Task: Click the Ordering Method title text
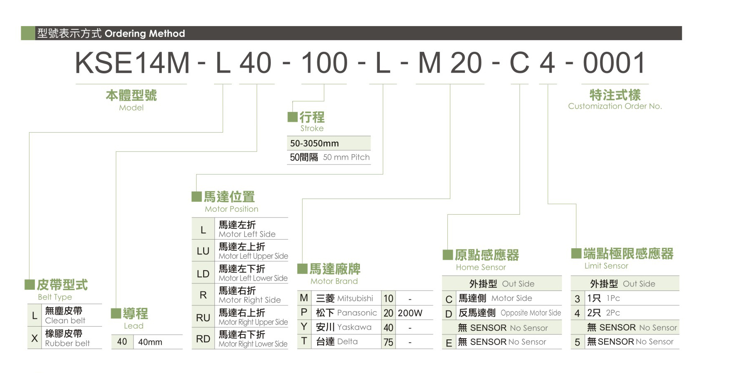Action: point(145,34)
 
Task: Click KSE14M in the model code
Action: point(132,63)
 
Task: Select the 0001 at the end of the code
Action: point(614,63)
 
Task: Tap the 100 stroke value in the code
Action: point(324,63)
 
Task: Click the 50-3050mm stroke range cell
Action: point(314,143)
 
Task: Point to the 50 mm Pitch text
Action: point(346,157)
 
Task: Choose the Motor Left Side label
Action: point(247,234)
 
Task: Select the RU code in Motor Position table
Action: point(203,318)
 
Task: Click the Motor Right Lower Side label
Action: point(253,344)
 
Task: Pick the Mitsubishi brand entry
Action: point(355,298)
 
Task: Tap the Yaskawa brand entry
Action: point(355,327)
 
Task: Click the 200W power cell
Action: point(410,313)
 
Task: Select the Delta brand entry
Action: point(347,342)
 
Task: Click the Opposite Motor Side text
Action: point(531,313)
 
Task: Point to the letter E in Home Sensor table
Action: point(449,343)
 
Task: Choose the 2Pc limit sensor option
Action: point(613,313)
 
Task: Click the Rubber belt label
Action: point(67,343)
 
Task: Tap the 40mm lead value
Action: point(150,342)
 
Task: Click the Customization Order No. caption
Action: point(615,106)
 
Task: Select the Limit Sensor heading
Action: point(606,266)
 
